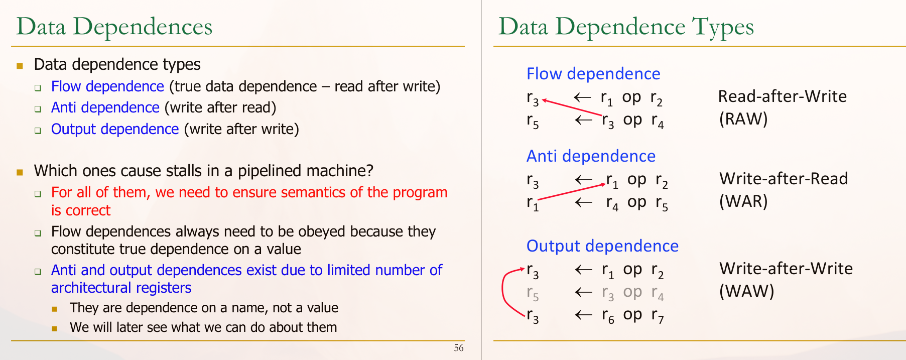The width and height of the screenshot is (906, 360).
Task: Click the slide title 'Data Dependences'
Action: [114, 27]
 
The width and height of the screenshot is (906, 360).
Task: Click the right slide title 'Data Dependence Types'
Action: [626, 27]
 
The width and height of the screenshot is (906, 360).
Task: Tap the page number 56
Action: [458, 348]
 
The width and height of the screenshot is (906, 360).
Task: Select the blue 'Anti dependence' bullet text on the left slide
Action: [105, 107]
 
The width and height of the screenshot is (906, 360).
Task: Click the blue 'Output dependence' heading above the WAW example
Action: [602, 246]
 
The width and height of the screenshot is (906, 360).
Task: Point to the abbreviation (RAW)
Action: [743, 119]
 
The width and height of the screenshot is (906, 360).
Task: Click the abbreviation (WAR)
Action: [743, 201]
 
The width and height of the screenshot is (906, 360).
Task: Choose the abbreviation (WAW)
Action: [746, 291]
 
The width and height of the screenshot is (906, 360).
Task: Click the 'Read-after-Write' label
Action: [783, 96]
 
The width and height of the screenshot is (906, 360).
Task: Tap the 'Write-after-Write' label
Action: [786, 268]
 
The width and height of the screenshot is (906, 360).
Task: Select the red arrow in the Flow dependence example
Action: [572, 108]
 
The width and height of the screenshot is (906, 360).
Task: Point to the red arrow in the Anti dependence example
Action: [572, 192]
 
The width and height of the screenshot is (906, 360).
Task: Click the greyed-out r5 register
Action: [533, 293]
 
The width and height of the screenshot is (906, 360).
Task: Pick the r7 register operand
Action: [658, 316]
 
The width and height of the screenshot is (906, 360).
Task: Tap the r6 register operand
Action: [608, 316]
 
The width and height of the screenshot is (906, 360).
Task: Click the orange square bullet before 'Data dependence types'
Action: [20, 65]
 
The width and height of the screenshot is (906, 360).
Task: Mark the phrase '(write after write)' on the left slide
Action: [241, 129]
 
